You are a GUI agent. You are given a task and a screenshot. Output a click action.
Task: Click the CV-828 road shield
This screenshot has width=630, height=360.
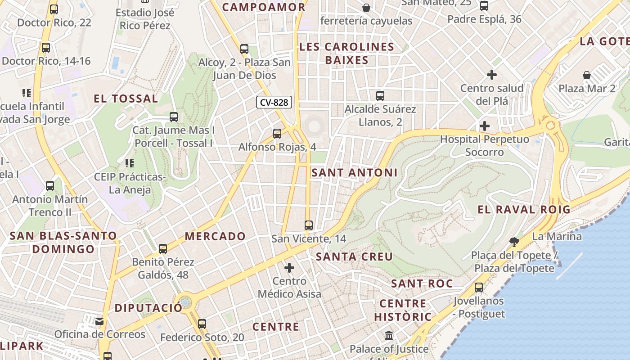pos(274,102)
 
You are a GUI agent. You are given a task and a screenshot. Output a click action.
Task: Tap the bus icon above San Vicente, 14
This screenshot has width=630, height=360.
pos(308,225)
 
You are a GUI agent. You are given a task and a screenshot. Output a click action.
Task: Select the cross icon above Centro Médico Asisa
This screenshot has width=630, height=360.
pos(289,268)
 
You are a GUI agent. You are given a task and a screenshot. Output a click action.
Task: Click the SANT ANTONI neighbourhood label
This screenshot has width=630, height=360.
pos(355,172)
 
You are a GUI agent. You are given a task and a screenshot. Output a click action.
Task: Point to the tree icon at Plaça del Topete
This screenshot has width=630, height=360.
pos(514,242)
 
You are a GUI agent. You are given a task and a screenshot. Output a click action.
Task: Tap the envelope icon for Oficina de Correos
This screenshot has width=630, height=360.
pos(99,321)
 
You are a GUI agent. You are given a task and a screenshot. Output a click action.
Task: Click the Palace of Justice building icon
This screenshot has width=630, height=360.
pos(389,336)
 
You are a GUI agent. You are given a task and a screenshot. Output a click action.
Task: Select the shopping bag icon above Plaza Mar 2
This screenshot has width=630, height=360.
pos(587,75)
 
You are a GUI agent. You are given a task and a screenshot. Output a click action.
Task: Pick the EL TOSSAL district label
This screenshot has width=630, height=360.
pos(126,99)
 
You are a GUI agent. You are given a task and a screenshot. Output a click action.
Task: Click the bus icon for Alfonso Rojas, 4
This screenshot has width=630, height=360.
pos(277,134)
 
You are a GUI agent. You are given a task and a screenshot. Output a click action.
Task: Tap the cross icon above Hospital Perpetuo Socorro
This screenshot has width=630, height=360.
pos(485,126)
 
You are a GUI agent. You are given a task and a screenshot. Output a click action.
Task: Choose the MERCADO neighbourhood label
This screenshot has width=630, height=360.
pos(215,236)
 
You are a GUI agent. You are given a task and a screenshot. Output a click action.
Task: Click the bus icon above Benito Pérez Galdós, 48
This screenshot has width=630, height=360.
pos(163,248)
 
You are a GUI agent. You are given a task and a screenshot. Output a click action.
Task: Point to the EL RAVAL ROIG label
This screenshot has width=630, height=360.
pos(524,209)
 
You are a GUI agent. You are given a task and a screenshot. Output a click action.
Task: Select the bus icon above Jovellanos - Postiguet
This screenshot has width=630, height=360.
pos(479,288)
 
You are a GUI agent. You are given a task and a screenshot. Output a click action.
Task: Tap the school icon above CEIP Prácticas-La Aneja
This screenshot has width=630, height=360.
pos(130,163)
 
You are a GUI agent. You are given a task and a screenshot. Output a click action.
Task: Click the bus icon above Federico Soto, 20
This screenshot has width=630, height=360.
pos(202,324)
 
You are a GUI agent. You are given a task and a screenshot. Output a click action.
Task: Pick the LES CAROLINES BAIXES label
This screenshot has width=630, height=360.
pos(346,53)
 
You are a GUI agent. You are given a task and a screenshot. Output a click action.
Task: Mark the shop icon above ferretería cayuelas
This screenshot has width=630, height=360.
pos(366,8)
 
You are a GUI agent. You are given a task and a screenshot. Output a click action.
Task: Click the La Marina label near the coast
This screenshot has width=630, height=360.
pos(557,236)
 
